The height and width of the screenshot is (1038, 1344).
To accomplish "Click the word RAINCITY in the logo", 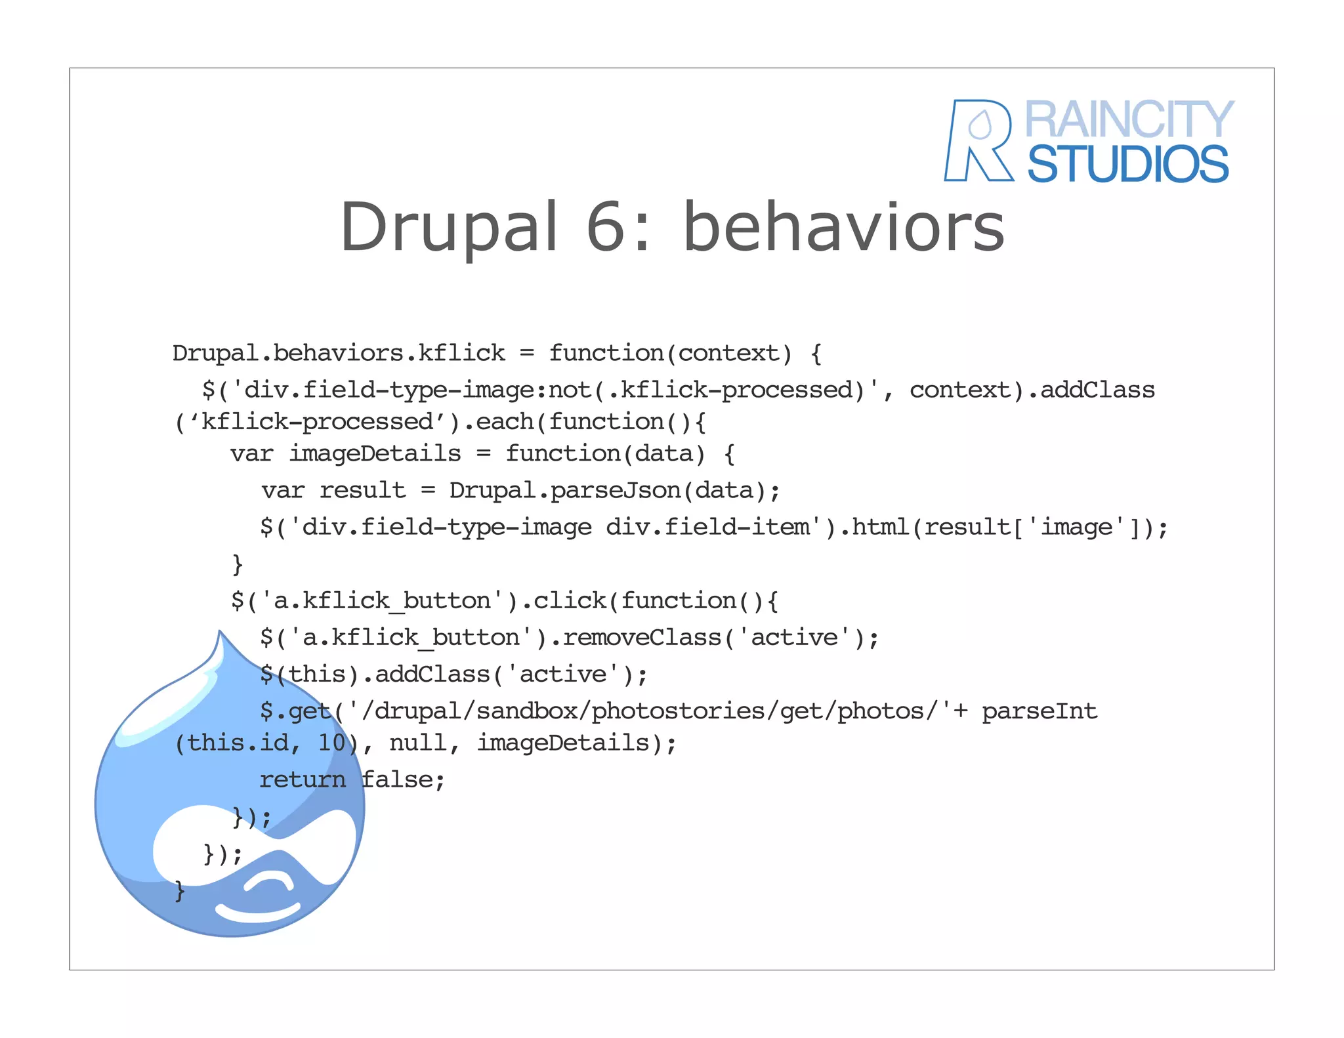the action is pos(1129,119).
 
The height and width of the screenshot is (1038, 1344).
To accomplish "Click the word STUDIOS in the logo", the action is pos(1127,164).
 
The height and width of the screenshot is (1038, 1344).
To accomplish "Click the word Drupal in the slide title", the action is pos(449,227).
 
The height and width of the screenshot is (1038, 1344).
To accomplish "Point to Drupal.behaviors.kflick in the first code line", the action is pos(339,354).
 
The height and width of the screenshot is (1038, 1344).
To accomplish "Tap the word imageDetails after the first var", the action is pos(375,454).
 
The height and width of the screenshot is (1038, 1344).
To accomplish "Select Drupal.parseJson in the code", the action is pos(564,491).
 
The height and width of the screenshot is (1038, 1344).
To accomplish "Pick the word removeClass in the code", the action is pos(642,638).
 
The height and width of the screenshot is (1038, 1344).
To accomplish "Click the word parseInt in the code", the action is pos(1039,711).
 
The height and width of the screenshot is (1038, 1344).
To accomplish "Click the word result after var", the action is pos(362,491).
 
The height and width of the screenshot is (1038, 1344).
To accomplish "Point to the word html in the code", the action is pos(881,528).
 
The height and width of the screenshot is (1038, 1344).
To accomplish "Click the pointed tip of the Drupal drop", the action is pos(220,634).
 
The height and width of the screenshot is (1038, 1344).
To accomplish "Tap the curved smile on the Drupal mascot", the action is pos(257,911).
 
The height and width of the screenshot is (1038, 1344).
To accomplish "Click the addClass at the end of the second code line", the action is pos(1097,390).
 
